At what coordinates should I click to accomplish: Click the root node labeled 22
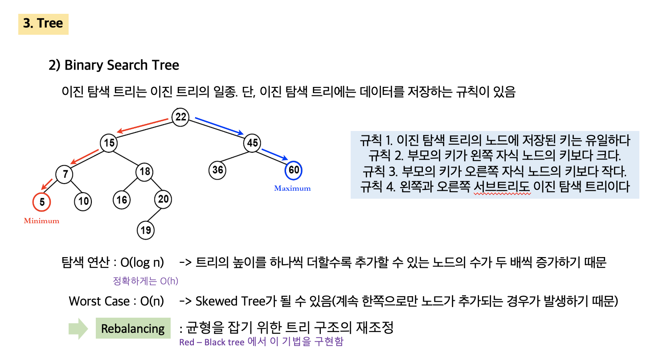point(180,117)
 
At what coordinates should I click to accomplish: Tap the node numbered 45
point(252,143)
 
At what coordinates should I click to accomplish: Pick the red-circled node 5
point(42,202)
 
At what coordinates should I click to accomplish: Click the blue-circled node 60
point(294,170)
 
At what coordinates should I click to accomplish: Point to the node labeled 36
point(217,170)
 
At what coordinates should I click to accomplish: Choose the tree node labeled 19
point(146,230)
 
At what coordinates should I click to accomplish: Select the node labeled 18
point(144,172)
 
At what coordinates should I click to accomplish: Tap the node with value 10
point(83,201)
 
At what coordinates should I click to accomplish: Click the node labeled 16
point(121,200)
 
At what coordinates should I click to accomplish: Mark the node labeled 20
point(163,199)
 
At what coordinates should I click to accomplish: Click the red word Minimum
point(41,221)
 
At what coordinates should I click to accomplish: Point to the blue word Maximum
point(292,188)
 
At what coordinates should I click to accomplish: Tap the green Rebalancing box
point(133,329)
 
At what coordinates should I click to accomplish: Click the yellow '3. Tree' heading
point(43,24)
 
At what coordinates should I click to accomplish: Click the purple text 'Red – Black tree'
point(212,343)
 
